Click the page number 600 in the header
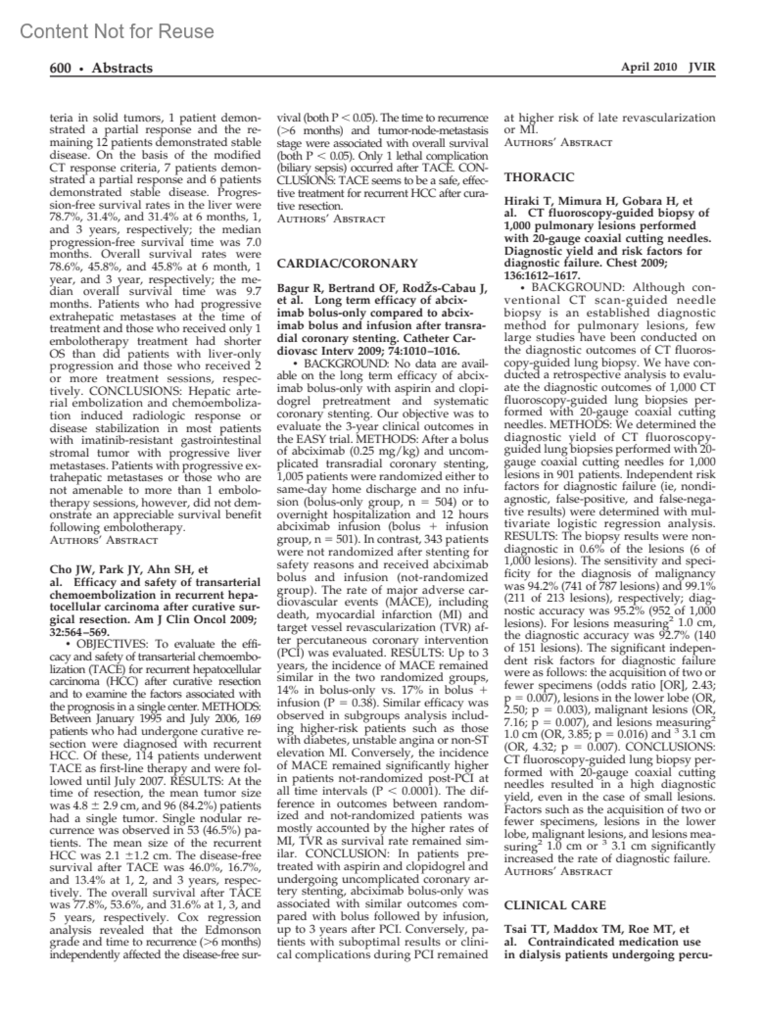click(60, 68)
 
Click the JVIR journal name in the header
click(702, 68)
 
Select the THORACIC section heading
click(539, 177)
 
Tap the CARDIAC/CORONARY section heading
click(348, 263)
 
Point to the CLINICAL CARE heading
click(555, 905)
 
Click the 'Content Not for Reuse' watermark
click(117, 31)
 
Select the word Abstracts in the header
click(122, 68)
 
